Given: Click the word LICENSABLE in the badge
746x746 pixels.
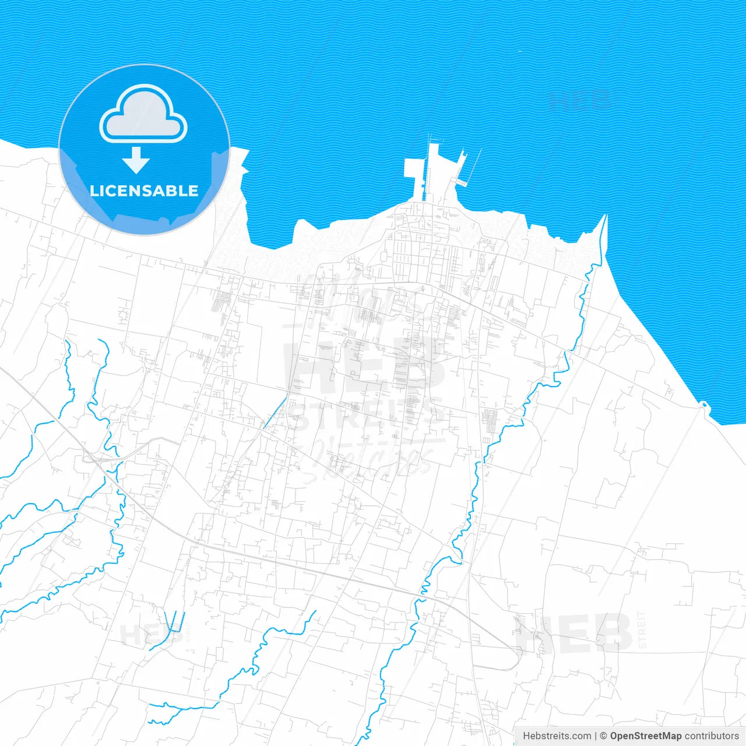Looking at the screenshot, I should coord(144,191).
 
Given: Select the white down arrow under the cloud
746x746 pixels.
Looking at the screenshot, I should coord(136,160).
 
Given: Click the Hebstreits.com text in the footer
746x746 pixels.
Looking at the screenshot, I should coord(557,736).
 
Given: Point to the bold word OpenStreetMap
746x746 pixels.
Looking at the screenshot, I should coord(646,736).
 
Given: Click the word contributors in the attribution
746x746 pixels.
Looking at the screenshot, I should coord(712,736).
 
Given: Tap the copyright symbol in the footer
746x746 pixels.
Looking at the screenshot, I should coord(604,736).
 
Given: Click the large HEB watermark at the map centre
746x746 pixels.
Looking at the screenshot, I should coord(364,367).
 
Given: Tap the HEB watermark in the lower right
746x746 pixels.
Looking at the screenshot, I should coord(574,634).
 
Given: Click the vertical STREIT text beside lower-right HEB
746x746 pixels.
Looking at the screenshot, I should coord(642,629).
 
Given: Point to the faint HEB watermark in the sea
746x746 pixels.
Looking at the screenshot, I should coord(580,100).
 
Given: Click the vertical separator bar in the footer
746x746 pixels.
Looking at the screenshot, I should coord(596,736).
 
